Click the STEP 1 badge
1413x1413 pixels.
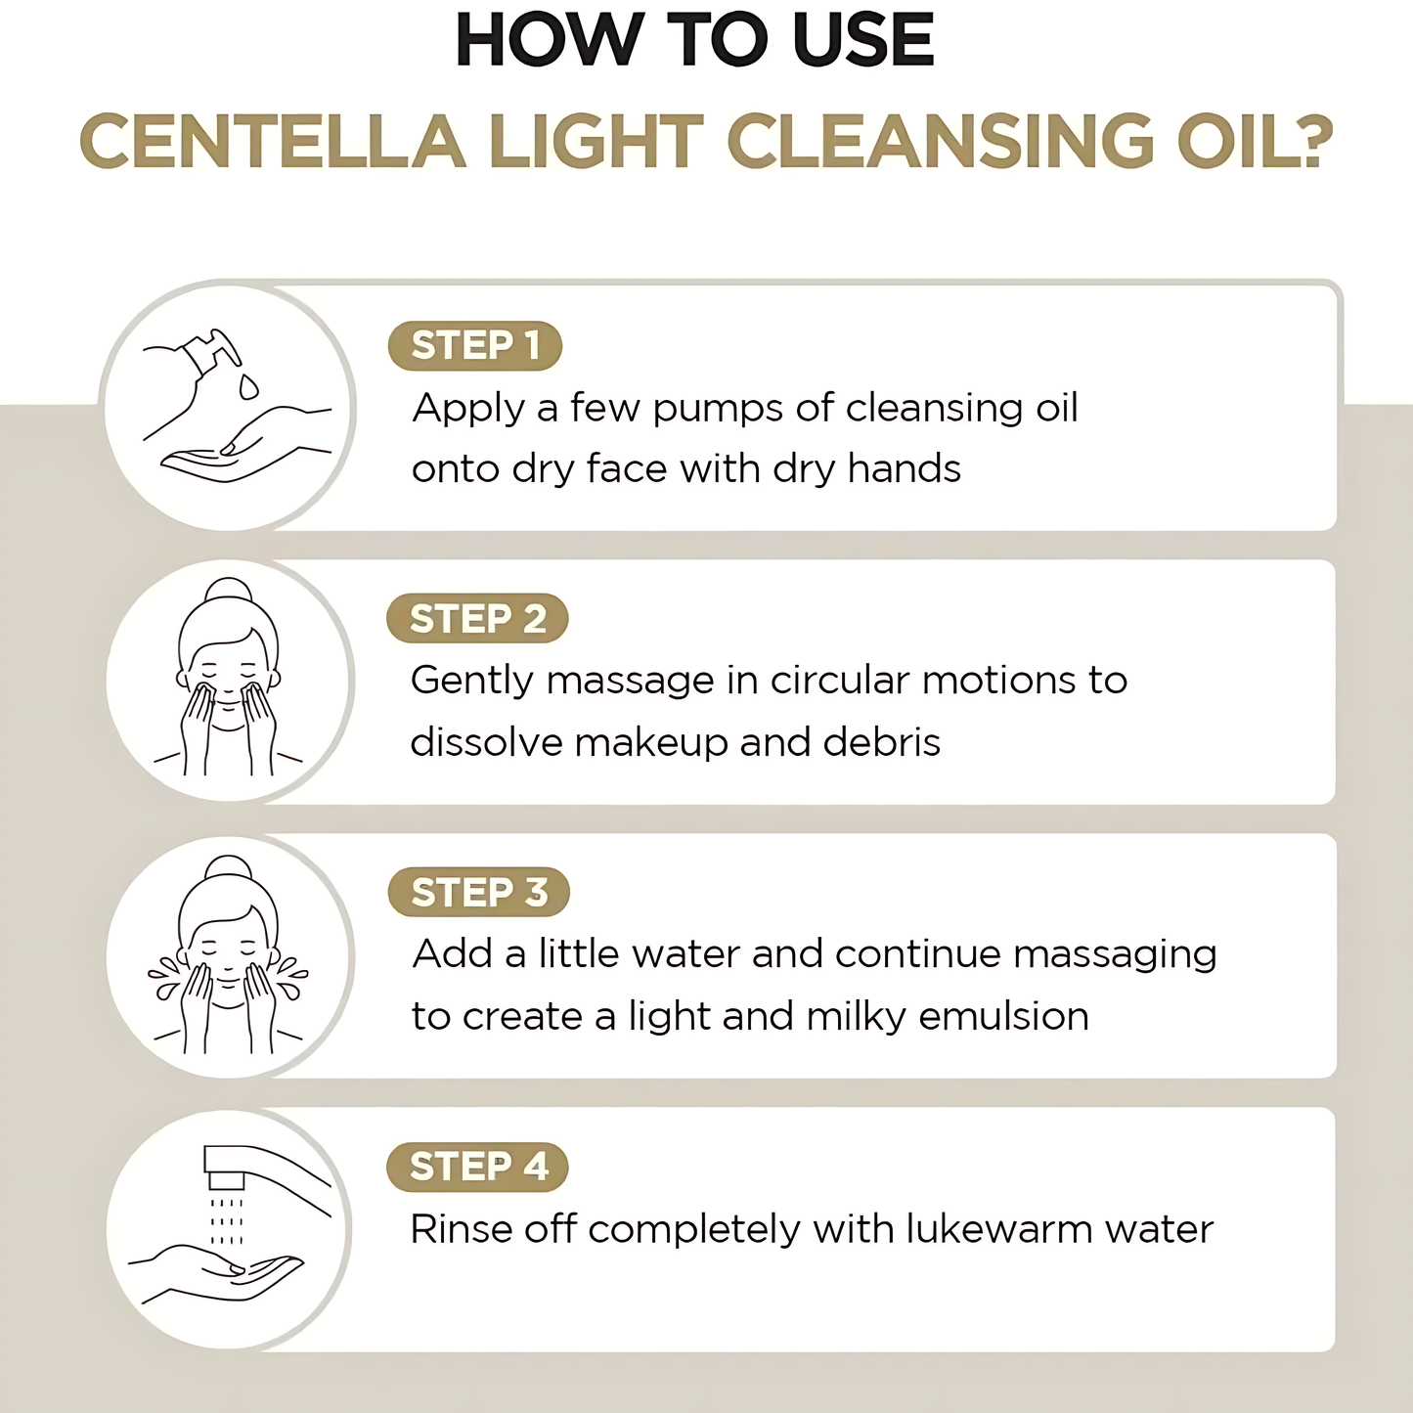click(475, 346)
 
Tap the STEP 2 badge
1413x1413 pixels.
click(477, 619)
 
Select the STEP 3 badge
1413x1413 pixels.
click(478, 893)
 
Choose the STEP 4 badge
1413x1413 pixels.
click(477, 1167)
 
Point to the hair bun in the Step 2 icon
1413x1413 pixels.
click(228, 590)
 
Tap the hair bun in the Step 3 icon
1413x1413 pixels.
click(228, 867)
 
